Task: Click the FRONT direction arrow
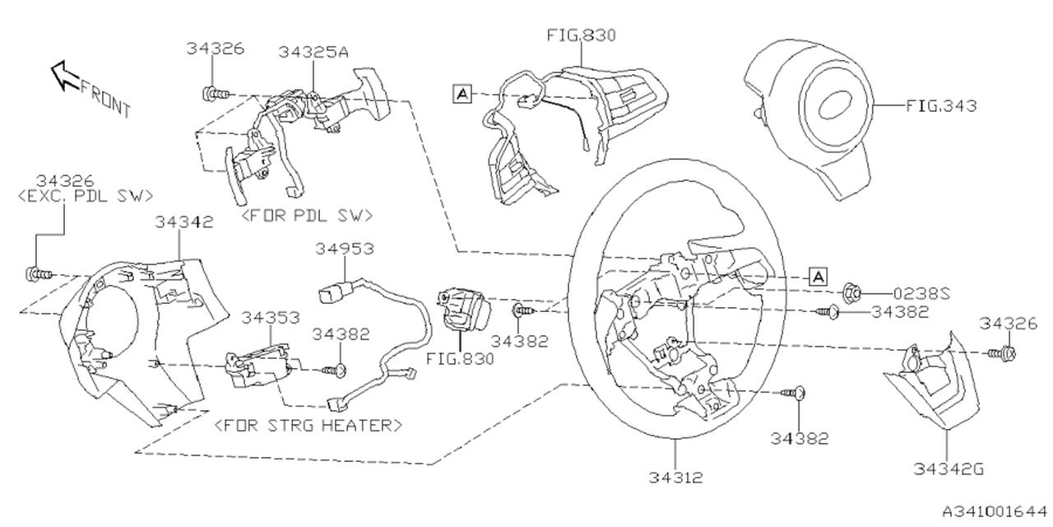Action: pyautogui.click(x=64, y=75)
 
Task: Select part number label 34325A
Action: pyautogui.click(x=313, y=52)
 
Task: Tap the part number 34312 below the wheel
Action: pyautogui.click(x=675, y=476)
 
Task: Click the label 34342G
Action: pyautogui.click(x=948, y=469)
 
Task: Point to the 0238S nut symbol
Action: pyautogui.click(x=852, y=291)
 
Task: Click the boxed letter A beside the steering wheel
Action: pyautogui.click(x=817, y=276)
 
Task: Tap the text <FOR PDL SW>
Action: pyautogui.click(x=306, y=216)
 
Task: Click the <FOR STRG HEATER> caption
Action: pyautogui.click(x=308, y=426)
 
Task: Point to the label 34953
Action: pyautogui.click(x=345, y=248)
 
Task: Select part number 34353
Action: pyautogui.click(x=270, y=316)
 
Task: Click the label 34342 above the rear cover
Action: pyautogui.click(x=185, y=222)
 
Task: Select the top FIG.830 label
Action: pyautogui.click(x=582, y=35)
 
